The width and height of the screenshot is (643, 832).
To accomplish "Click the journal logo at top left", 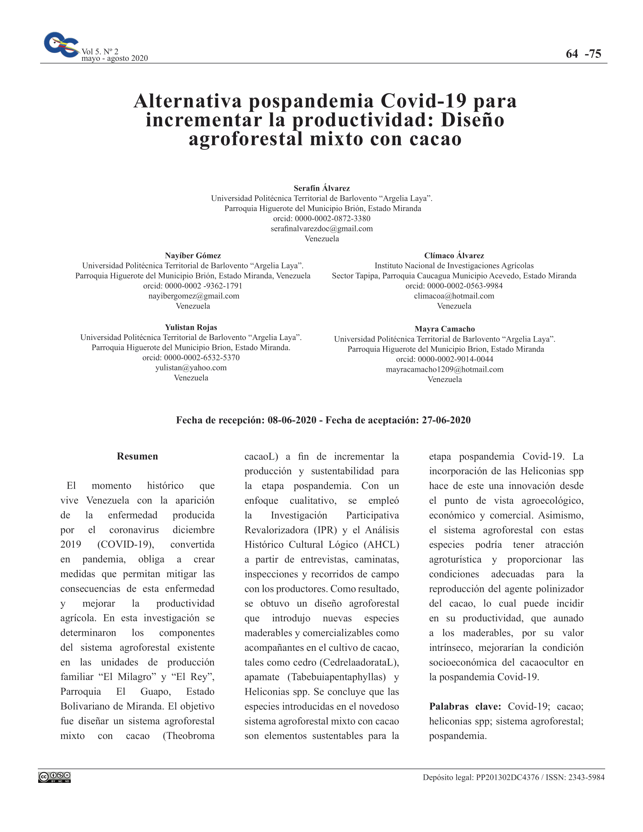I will (61, 45).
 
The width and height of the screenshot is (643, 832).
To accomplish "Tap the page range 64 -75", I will (583, 54).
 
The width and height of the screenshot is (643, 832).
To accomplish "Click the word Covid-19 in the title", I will (423, 101).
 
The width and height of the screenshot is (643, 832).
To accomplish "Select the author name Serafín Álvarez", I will (321, 188).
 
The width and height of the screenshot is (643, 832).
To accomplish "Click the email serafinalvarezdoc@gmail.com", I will (321, 228).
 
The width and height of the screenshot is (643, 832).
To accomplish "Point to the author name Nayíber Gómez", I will (193, 256).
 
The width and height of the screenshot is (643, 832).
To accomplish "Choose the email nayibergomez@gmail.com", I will (194, 296).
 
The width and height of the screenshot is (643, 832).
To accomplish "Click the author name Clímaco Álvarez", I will (454, 256).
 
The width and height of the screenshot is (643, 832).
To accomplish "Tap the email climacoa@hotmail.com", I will (454, 296).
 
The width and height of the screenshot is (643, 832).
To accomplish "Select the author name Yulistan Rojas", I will (191, 327).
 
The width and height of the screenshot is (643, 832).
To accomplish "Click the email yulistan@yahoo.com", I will (191, 368).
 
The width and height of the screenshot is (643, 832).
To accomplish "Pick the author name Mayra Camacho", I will (444, 329).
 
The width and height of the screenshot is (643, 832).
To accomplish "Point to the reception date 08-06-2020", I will (292, 420).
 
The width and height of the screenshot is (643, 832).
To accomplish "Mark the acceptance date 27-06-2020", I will (446, 420).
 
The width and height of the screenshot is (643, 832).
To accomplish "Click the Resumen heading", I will (137, 456).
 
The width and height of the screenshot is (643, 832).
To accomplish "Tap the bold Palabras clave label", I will (465, 707).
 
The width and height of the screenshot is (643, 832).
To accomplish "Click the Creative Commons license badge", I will (54, 778).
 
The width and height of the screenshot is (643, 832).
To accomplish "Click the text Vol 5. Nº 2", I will (100, 51).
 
